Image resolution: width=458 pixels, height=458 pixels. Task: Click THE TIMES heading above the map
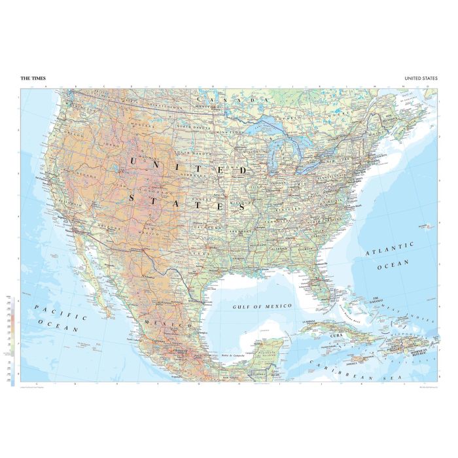coord(33,79)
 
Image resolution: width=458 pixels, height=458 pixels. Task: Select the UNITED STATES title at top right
coord(420,79)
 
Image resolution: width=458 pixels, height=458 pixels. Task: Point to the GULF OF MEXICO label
coord(265,306)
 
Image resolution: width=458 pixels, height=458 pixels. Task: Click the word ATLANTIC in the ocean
coord(390,247)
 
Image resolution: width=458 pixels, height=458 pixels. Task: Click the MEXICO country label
coord(172,325)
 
